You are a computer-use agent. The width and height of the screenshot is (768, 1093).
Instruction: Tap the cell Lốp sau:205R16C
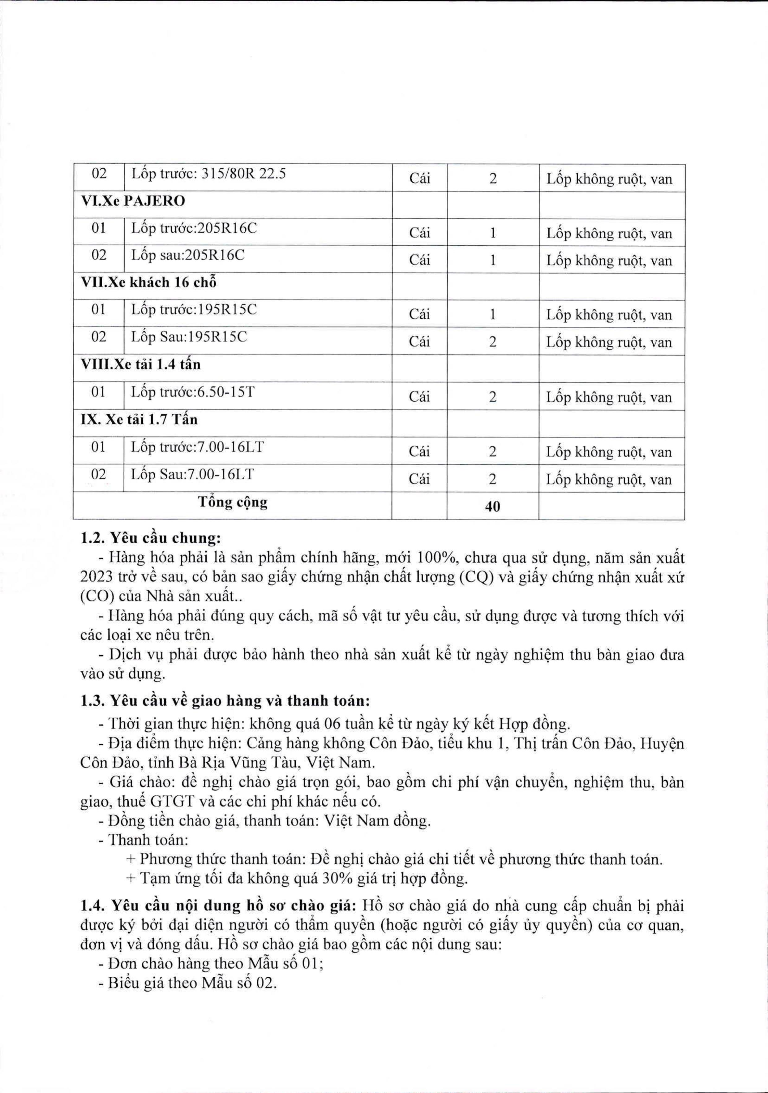(188, 255)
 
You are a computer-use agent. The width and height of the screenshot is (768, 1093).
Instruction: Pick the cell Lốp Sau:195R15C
(189, 337)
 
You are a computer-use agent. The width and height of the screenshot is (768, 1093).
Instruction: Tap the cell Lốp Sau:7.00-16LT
(193, 474)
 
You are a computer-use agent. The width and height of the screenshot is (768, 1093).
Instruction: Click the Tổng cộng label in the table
(233, 502)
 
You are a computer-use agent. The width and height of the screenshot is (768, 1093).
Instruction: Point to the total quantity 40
(492, 506)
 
